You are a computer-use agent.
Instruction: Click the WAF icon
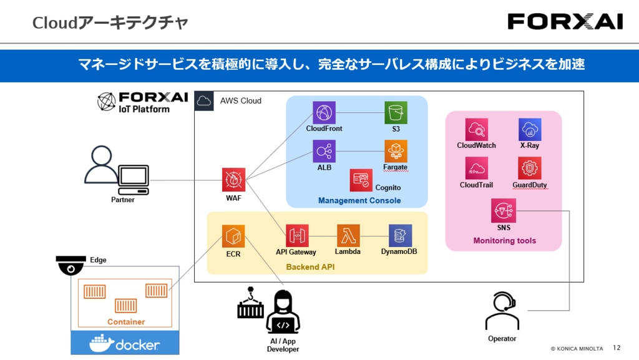[x=233, y=180]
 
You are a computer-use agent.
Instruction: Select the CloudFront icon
[x=324, y=112]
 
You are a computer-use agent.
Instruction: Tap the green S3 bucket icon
[x=396, y=112]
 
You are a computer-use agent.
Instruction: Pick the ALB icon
[x=324, y=151]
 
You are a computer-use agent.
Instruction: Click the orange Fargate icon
[x=396, y=151]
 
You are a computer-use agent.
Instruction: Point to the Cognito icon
[x=361, y=180]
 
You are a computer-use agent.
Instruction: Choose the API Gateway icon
[x=297, y=236]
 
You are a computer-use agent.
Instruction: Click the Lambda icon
[x=348, y=236]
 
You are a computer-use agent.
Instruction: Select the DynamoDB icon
[x=400, y=236]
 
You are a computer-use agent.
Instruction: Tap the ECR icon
[x=233, y=236]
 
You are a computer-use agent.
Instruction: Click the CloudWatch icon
[x=477, y=130]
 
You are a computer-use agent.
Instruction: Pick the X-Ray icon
[x=530, y=130]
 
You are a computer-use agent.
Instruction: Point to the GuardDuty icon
[x=530, y=168]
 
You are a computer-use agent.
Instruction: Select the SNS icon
[x=504, y=210]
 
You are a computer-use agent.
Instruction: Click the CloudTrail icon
[x=477, y=168]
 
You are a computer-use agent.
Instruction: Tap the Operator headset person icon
[x=502, y=311]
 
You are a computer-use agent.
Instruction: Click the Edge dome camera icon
[x=71, y=266]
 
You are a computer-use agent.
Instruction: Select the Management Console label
[x=359, y=200]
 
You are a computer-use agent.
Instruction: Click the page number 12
[x=617, y=348]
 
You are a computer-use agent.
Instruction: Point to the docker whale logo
[x=102, y=344]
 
